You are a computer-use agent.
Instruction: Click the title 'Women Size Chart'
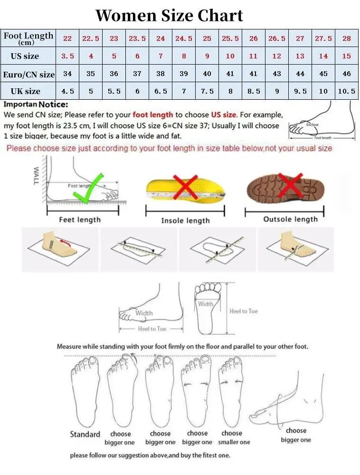[x=169, y=15]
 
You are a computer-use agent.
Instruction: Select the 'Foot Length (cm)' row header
[x=28, y=38]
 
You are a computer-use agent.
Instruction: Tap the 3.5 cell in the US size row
[x=67, y=56]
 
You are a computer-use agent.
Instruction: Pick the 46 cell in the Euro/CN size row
[x=346, y=74]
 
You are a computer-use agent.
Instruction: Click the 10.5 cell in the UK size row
[x=346, y=91]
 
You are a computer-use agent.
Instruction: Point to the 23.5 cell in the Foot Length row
[x=137, y=38]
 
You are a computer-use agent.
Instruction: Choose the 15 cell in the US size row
[x=346, y=56]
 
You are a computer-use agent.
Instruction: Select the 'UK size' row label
[x=26, y=91]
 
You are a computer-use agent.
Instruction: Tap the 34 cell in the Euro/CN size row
[x=67, y=74]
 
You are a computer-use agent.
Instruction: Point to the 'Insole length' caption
[x=185, y=220]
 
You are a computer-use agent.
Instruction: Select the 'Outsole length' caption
[x=290, y=219]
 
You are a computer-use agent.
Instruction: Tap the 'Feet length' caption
[x=80, y=219]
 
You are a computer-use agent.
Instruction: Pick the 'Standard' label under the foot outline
[x=85, y=434]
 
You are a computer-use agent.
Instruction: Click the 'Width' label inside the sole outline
[x=206, y=304]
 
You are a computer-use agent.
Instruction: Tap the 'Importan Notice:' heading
[x=36, y=104]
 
